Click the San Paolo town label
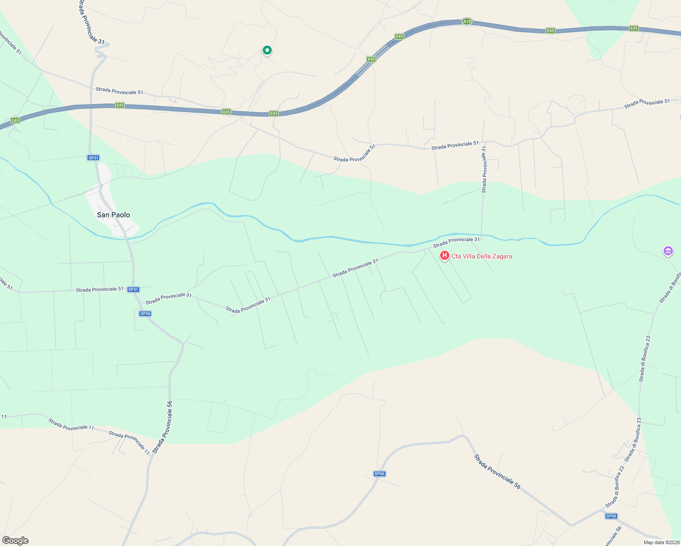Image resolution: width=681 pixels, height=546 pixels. pos(113,215)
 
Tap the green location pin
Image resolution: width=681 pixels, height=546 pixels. pos(267,50)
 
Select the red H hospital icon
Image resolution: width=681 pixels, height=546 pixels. pos(444,256)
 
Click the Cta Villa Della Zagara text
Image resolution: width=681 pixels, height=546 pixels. pos(482,256)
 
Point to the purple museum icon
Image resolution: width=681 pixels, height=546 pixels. pos(668,251)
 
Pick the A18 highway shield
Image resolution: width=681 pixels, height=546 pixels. pos(467,21)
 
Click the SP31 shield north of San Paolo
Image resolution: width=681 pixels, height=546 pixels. pos(93,158)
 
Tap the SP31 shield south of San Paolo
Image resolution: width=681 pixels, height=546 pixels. pos(133,289)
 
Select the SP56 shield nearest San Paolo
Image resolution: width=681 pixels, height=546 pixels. pos(145,313)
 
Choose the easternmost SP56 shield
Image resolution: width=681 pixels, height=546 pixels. pos(611,516)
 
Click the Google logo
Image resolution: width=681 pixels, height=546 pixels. pos(15,541)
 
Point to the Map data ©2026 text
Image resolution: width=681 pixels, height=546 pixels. pos(660,542)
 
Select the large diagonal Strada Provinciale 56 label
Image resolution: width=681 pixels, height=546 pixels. pos(497,471)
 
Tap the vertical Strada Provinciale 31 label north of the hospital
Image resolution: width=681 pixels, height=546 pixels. pos(484,169)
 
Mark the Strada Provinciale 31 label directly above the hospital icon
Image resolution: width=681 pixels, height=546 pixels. pos(456,242)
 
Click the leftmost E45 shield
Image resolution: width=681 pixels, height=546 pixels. pos(15,121)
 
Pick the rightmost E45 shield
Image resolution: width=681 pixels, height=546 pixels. pos(634,29)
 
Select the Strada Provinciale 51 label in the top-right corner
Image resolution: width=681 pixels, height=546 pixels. pos(647,103)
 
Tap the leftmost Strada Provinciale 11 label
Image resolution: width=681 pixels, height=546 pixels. pos(71,425)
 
